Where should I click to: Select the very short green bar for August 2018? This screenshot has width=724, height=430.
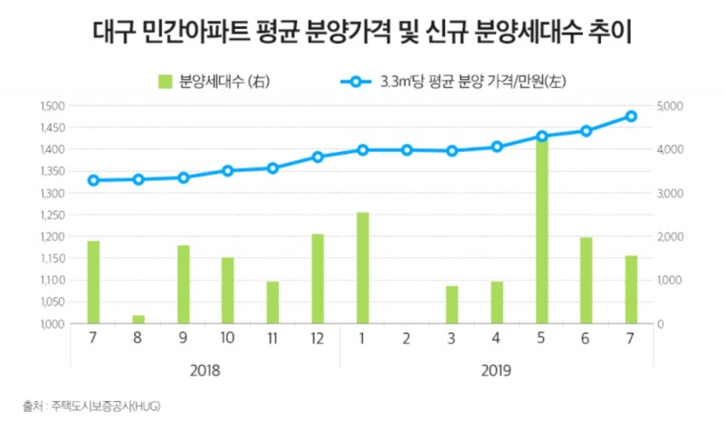(138, 319)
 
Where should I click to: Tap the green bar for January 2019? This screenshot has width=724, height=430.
(362, 268)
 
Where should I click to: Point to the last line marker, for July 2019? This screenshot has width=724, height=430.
(631, 116)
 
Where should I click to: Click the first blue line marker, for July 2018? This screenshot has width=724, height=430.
(93, 180)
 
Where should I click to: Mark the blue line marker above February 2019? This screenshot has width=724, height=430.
(407, 149)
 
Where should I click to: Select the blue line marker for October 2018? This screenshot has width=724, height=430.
(228, 170)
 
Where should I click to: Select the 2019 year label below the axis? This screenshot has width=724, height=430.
(496, 371)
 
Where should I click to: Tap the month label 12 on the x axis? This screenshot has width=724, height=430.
(318, 340)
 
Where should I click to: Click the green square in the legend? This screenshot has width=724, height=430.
(165, 81)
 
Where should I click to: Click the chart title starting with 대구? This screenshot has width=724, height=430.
(362, 33)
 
